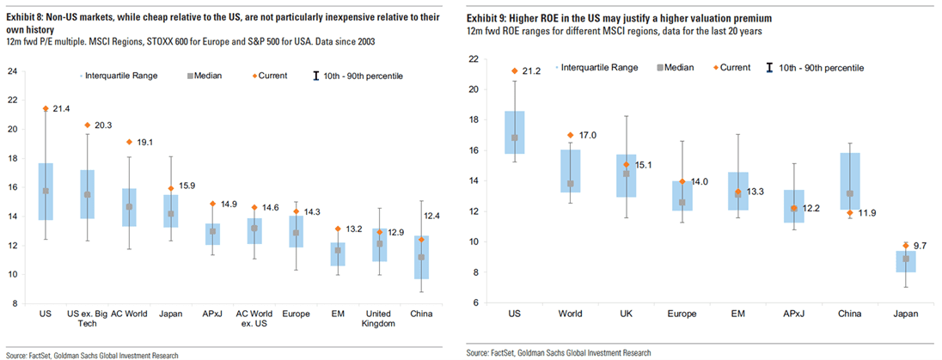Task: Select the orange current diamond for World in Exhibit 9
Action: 569,135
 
